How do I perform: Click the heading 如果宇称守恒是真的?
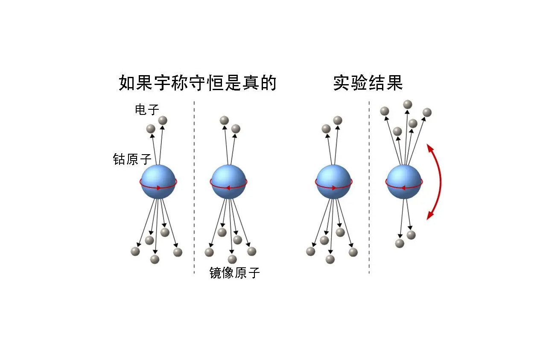click(197, 83)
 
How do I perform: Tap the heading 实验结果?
click(368, 83)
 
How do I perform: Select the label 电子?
click(147, 110)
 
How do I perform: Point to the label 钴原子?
click(132, 159)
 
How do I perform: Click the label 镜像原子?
click(234, 273)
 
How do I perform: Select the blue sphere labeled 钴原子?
click(158, 181)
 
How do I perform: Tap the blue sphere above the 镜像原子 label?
click(229, 181)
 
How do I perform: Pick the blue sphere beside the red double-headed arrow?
click(404, 181)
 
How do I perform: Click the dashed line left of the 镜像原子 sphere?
click(194, 188)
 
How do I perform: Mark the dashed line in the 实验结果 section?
click(369, 188)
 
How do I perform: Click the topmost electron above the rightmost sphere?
click(408, 104)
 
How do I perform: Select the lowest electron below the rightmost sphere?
click(400, 243)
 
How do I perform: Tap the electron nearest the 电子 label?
click(163, 120)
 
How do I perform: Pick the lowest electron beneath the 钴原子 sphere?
click(155, 259)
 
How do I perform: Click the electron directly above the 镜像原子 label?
click(232, 259)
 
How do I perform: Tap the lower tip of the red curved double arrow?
click(429, 219)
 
